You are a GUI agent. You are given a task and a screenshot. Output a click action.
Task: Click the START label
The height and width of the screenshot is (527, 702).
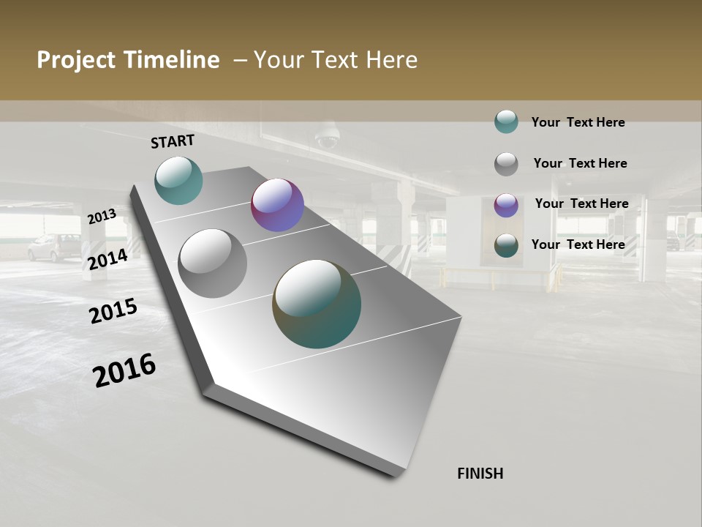point(173,141)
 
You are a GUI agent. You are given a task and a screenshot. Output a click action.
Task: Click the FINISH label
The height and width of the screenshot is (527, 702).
point(480,474)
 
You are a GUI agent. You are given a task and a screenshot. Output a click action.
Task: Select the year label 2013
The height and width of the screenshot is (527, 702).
point(102,217)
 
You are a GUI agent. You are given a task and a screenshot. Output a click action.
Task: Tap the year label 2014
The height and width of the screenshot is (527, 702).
point(107,259)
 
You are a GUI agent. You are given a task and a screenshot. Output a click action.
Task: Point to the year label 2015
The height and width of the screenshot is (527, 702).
point(113,311)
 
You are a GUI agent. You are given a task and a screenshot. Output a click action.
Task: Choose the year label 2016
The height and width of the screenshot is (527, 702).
point(124,370)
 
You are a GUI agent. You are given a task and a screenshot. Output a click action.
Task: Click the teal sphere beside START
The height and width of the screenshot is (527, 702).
point(178,180)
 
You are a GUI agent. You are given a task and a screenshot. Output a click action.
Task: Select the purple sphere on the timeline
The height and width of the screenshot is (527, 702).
point(277,205)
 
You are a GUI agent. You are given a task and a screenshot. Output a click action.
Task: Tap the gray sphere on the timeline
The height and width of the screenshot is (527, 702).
point(213,263)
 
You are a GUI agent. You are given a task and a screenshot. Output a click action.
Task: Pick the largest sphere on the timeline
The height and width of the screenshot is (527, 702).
point(317,304)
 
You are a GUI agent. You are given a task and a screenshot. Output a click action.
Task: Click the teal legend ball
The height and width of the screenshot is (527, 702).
point(506,122)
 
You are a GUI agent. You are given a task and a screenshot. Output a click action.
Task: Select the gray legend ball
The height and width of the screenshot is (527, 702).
point(506,163)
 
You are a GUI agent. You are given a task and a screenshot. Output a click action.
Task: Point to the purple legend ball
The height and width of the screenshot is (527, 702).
point(506,204)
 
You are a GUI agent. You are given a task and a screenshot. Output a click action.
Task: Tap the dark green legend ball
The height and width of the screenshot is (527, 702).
point(506,244)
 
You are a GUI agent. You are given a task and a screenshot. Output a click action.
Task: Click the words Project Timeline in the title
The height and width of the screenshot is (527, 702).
point(128,60)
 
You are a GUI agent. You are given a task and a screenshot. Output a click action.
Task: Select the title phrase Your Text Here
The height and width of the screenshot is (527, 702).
point(335,60)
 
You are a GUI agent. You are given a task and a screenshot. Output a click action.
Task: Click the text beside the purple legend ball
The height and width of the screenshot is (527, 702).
point(581,203)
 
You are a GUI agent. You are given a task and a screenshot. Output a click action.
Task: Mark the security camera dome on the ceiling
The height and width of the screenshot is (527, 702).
point(326,138)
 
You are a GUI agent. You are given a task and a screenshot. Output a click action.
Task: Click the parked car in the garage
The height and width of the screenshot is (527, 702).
point(55,247)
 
